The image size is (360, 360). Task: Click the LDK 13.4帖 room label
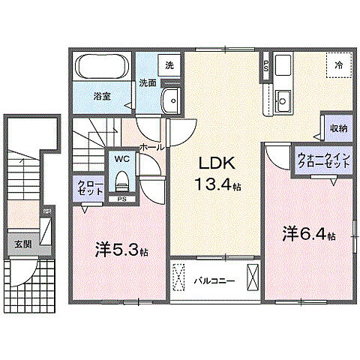217,172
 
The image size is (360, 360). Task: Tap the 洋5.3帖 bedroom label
121,249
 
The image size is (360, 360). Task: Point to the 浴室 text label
103,97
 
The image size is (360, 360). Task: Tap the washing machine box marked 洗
169,65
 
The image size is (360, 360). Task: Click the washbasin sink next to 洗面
172,98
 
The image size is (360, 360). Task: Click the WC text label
121,159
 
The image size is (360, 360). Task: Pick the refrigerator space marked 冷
340,65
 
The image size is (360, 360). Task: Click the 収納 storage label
338,128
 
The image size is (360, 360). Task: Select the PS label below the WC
121,199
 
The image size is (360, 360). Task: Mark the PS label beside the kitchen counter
265,66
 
